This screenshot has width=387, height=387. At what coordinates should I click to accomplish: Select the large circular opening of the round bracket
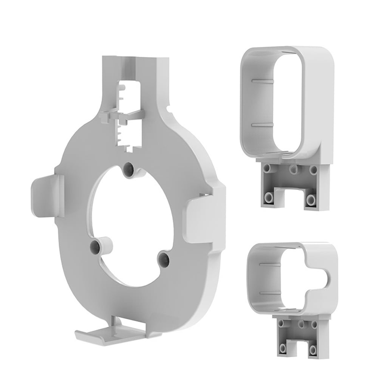128,223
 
